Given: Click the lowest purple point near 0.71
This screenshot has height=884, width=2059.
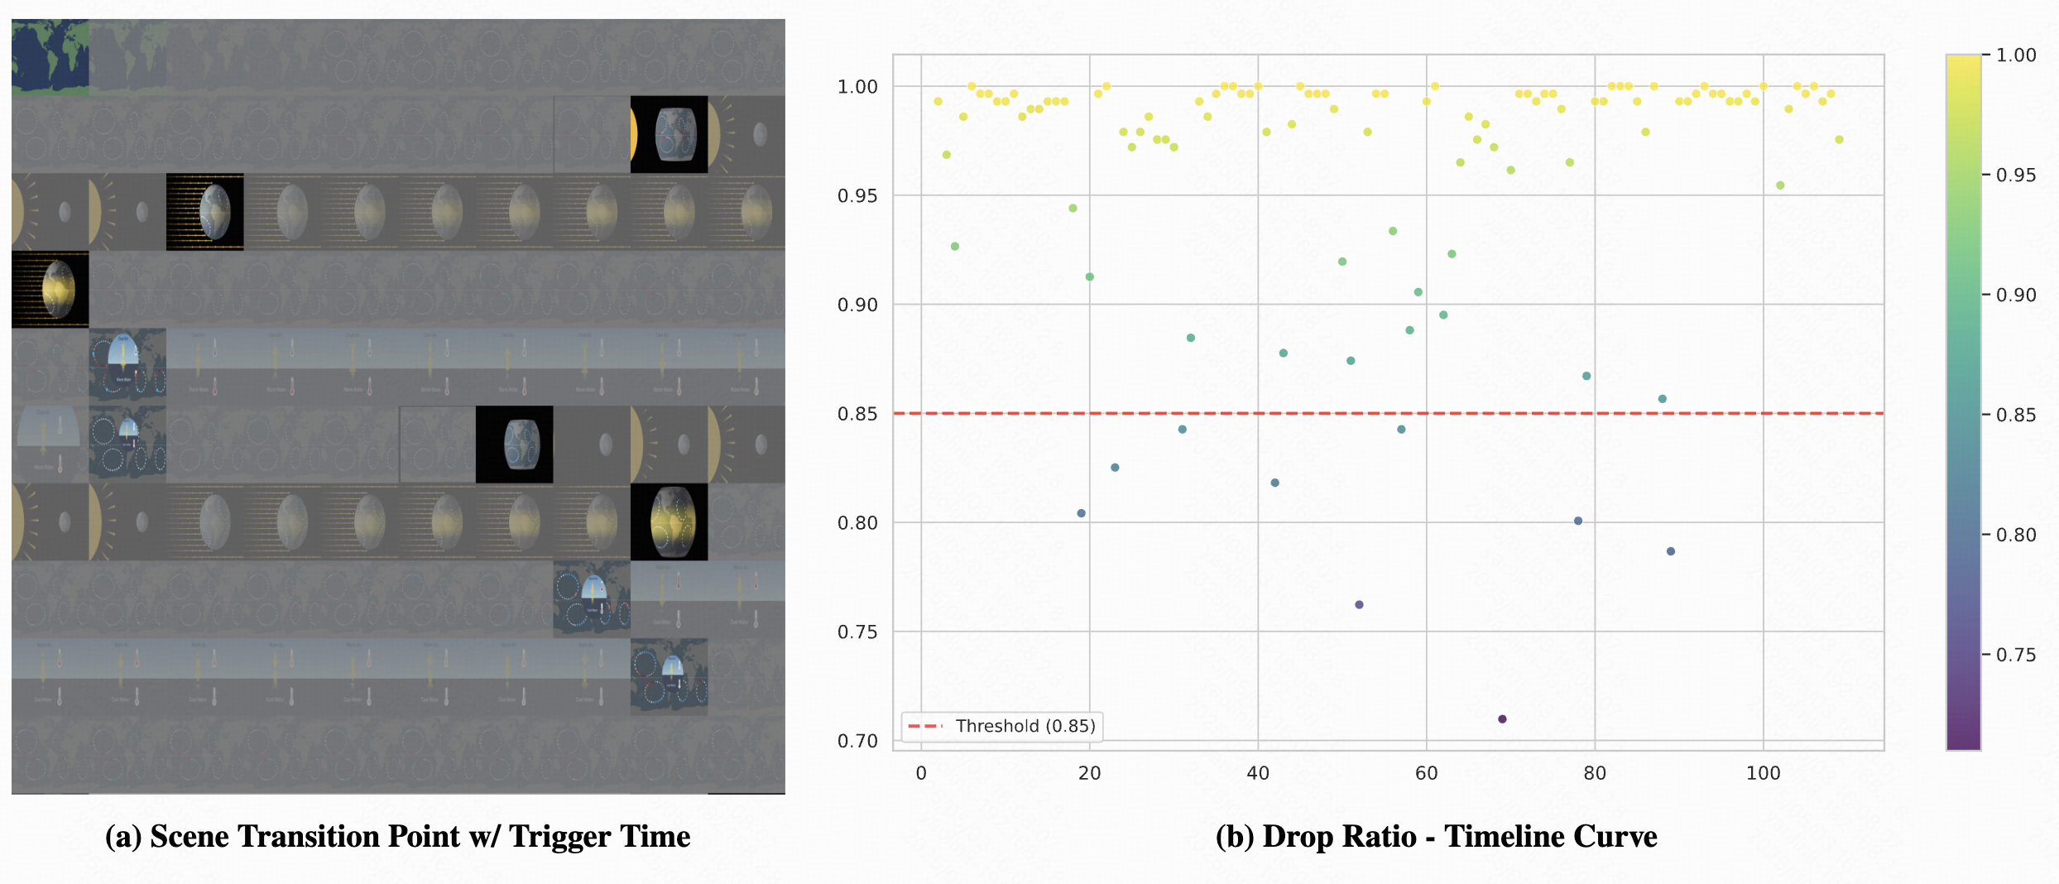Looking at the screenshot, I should coord(1502,719).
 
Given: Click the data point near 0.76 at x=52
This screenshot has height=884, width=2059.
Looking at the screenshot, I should coord(1359,605).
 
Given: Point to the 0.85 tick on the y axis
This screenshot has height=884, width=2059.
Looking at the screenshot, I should coord(857,414).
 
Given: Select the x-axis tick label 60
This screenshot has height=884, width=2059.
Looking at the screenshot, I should coord(1426,773).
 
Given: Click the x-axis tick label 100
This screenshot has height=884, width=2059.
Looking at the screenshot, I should coord(1763,773).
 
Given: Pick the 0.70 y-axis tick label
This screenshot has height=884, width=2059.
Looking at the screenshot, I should coord(857,741).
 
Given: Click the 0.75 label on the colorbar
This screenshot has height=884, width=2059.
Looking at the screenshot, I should coord(2016,655).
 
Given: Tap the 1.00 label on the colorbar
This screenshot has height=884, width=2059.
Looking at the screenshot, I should coord(2016,55).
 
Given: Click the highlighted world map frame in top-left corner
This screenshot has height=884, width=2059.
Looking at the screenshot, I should coord(50,57).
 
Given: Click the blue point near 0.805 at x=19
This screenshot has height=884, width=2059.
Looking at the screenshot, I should coord(1081,513).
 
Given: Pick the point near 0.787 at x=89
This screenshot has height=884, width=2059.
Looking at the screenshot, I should coord(1671,551).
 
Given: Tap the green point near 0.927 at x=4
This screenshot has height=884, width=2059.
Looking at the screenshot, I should coord(955,247).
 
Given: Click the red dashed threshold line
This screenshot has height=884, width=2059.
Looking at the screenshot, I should coord(1324,413).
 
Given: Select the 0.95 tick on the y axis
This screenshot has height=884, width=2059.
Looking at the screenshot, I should coord(857,196).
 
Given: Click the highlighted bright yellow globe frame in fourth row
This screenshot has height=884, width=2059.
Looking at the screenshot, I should coord(50,290).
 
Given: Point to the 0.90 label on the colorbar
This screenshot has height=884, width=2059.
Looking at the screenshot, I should coord(2016,295).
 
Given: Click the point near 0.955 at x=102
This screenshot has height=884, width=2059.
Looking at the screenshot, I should coord(1780,185).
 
